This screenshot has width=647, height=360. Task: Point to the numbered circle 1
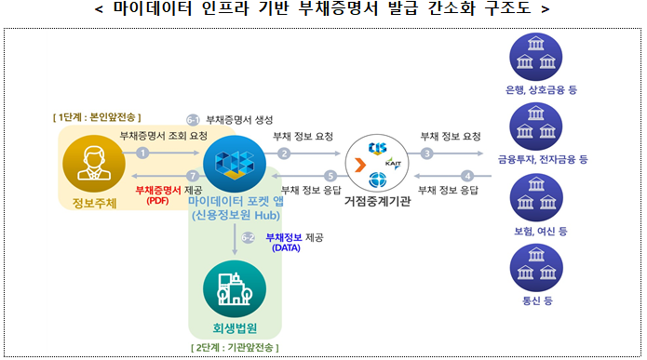pos(142,153)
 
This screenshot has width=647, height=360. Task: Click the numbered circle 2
pos(284,153)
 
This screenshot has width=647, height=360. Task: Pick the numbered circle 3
pos(427,153)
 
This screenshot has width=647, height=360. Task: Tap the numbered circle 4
pos(467,175)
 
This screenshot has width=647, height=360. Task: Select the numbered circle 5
pos(330,175)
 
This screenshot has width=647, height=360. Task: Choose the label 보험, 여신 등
pos(537,230)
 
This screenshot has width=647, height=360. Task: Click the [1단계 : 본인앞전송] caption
pos(96,117)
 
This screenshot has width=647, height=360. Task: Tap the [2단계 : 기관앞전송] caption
pos(234,347)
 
